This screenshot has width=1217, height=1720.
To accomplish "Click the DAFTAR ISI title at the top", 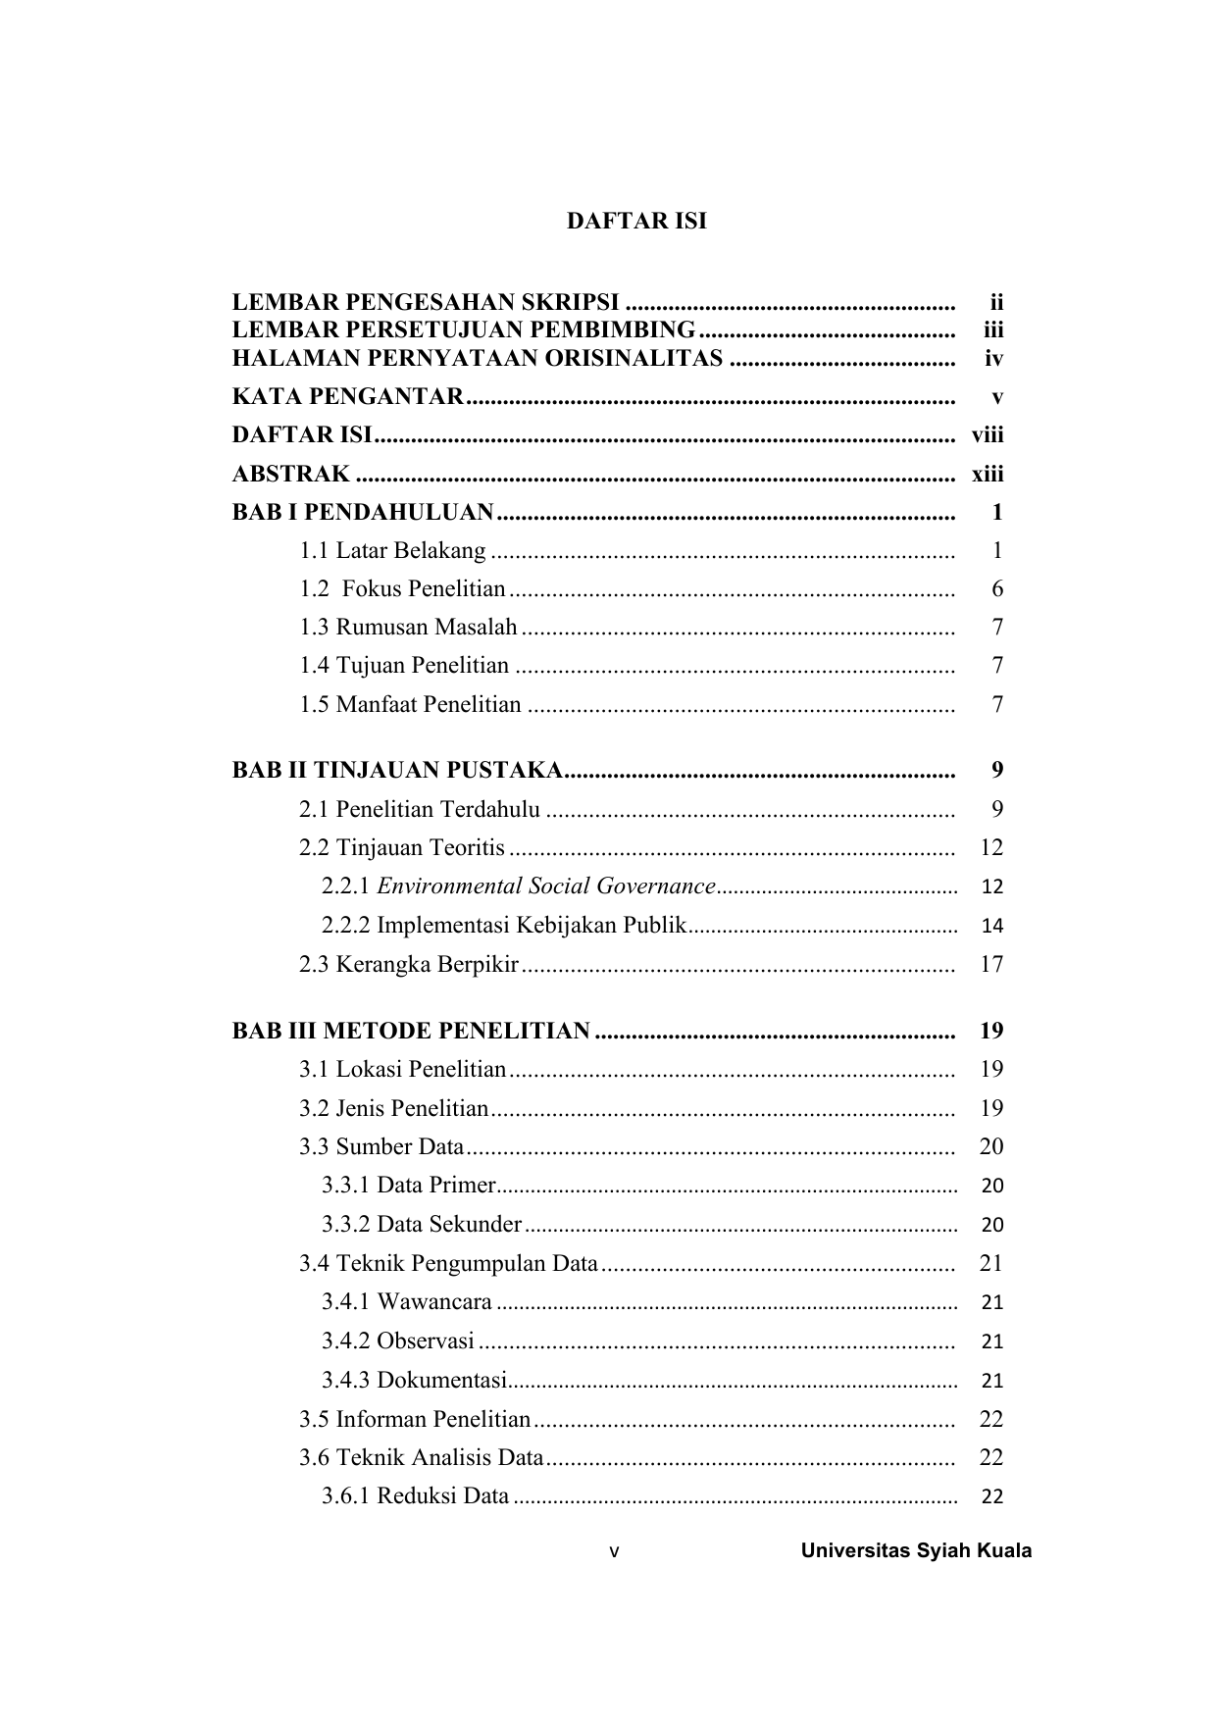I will pyautogui.click(x=635, y=222).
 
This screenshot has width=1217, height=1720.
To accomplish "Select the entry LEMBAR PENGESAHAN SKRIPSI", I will pyautogui.click(x=425, y=302).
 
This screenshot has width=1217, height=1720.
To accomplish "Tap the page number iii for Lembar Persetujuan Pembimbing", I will pyautogui.click(x=992, y=330).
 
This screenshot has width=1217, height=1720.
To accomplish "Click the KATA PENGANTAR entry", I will pyautogui.click(x=347, y=397).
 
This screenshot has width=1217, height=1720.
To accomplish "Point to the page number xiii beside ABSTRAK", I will pyautogui.click(x=988, y=475).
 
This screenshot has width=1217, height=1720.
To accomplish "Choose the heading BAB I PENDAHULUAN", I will pyautogui.click(x=363, y=513).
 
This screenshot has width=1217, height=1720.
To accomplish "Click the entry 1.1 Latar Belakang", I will pyautogui.click(x=392, y=551).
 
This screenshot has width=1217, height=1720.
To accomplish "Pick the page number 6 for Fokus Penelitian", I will pyautogui.click(x=997, y=589).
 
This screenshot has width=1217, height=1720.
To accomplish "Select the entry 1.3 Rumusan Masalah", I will pyautogui.click(x=408, y=628).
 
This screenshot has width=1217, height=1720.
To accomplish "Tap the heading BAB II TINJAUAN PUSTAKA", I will pyautogui.click(x=396, y=771).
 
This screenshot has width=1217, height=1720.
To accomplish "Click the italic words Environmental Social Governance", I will pyautogui.click(x=545, y=886).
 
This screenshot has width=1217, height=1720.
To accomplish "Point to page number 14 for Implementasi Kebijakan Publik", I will pyautogui.click(x=991, y=926).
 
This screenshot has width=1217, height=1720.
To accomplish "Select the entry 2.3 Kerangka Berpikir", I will pyautogui.click(x=409, y=965).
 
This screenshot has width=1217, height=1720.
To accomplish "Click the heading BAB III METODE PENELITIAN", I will pyautogui.click(x=411, y=1032).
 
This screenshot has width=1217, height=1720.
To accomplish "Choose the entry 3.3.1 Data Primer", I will pyautogui.click(x=409, y=1186).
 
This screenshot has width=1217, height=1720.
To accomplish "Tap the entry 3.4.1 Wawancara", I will pyautogui.click(x=407, y=1302).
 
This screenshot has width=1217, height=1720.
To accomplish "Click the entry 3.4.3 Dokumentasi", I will pyautogui.click(x=414, y=1381).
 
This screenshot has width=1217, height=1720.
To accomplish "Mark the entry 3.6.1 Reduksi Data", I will pyautogui.click(x=416, y=1496).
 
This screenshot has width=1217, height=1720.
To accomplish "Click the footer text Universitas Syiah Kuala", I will pyautogui.click(x=916, y=1551).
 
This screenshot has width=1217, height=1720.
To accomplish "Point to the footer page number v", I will pyautogui.click(x=615, y=1552).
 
